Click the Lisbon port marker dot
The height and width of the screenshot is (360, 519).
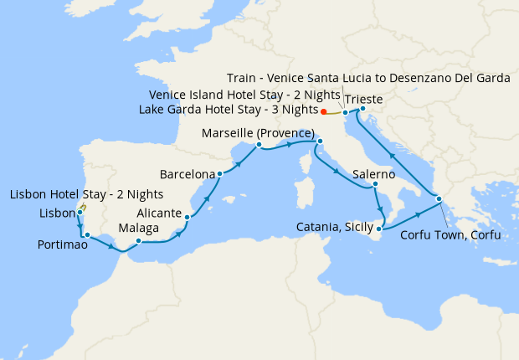[80, 213]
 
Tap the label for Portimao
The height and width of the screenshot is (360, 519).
[63, 244]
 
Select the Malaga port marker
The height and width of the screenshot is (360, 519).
[138, 242]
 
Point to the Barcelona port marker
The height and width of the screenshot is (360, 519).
[219, 174]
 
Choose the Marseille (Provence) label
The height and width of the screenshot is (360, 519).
[258, 134]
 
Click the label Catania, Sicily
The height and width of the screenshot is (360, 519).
[335, 227]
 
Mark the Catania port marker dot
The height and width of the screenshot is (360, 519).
[380, 228]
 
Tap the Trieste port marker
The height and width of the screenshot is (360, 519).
[362, 108]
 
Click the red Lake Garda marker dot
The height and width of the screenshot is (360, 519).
[324, 111]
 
